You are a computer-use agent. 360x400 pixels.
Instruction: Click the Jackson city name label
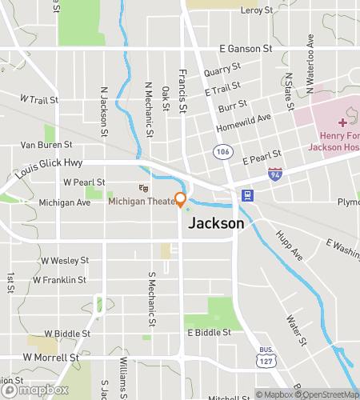tap(215, 224)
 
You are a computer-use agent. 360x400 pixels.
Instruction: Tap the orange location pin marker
tap(181, 199)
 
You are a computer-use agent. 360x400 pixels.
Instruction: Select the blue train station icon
tap(248, 195)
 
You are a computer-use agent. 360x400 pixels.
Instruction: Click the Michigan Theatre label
tap(142, 201)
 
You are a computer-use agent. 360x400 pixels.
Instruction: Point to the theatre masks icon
tap(143, 188)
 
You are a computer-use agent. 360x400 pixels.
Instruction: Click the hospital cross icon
tap(342, 122)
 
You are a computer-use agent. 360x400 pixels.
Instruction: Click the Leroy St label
tap(256, 10)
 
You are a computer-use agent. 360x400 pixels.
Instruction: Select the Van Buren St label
tap(46, 145)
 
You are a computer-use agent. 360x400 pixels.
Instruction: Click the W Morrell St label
tap(51, 357)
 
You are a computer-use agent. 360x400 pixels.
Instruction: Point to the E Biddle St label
tap(209, 332)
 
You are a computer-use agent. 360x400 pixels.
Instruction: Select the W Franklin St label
tap(60, 280)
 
